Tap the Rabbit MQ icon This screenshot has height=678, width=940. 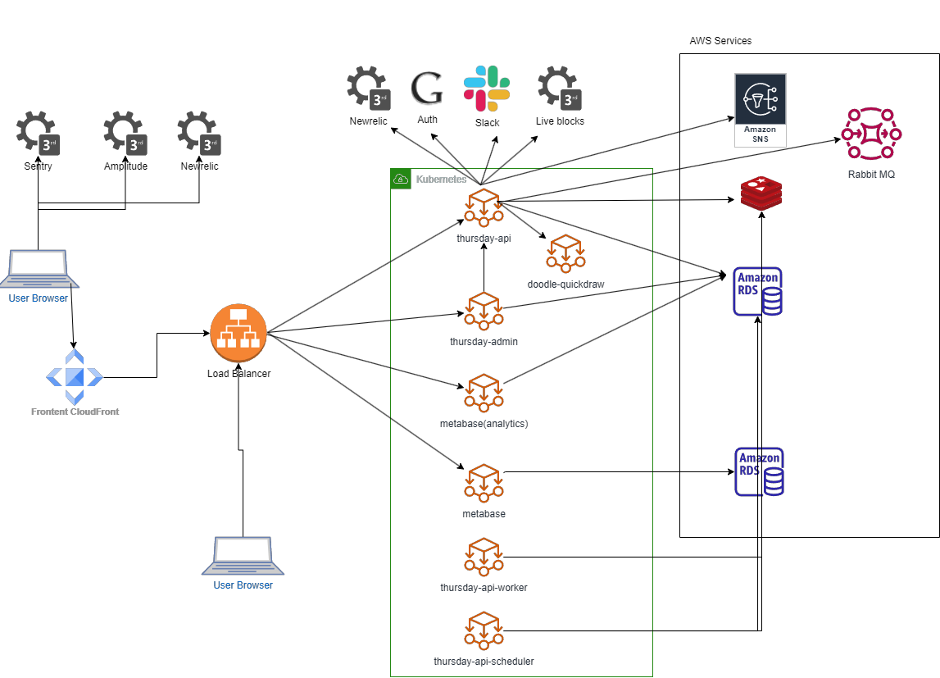pos(871,134)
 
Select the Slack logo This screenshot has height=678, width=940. pos(487,89)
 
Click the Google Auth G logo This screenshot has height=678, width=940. pos(427,89)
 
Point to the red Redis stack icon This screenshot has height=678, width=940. pos(761,193)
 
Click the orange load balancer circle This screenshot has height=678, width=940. pos(238,332)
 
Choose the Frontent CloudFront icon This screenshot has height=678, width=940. pos(75,376)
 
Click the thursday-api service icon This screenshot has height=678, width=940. pos(484,207)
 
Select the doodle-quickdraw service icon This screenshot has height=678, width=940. pos(565,253)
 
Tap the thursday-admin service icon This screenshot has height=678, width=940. pos(484,311)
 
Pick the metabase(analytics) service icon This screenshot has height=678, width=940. pos(484,393)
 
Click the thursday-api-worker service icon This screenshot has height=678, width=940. pos(484,557)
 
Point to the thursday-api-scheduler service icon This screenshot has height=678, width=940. pos(484,630)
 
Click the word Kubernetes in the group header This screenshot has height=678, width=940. pos(441,179)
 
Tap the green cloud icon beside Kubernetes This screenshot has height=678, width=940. pos(401,179)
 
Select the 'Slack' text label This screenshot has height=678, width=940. pos(487,123)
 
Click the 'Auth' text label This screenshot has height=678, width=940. pos(427,120)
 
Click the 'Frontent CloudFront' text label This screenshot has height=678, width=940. pos(75,412)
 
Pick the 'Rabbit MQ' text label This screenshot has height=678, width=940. pos(871,174)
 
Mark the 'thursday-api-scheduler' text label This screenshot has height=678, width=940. pos(484,661)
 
